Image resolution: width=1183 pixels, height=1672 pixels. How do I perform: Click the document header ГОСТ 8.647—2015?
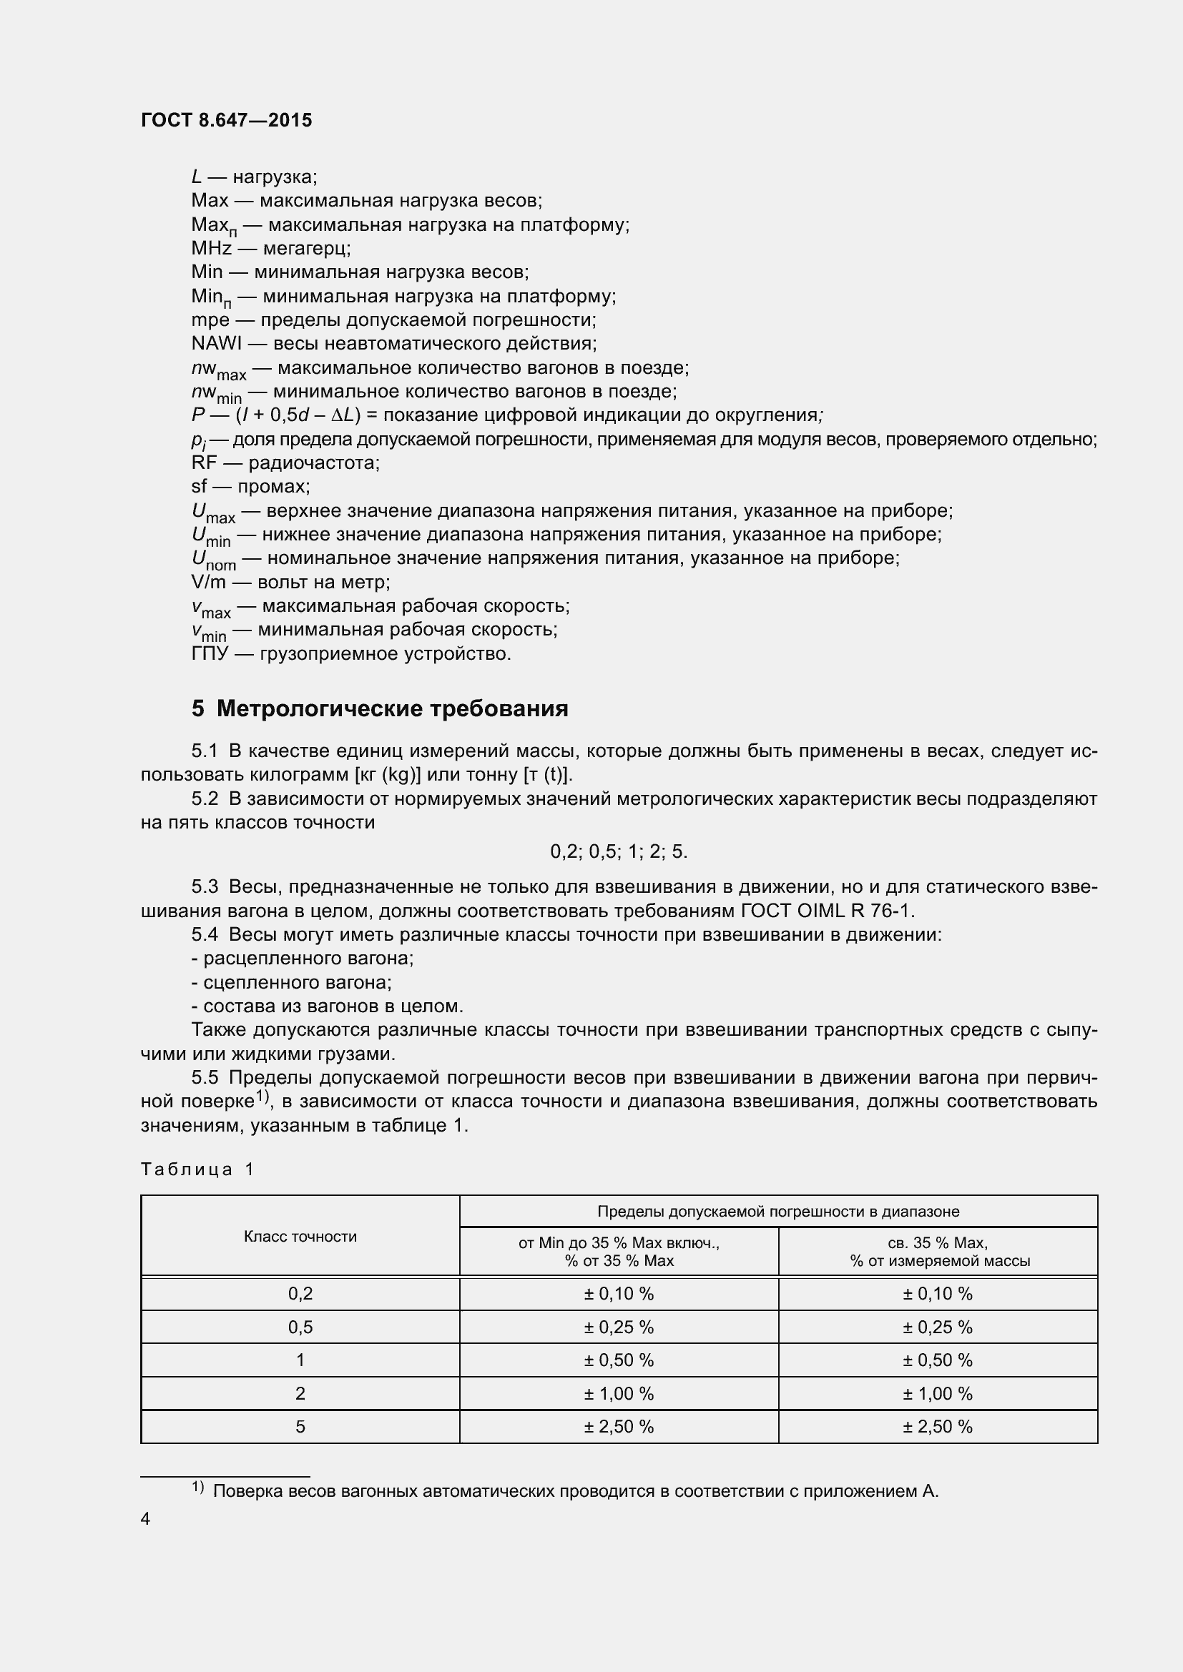pos(227,120)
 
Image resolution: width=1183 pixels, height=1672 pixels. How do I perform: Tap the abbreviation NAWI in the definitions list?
pos(216,343)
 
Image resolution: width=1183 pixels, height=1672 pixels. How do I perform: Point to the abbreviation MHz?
pos(211,248)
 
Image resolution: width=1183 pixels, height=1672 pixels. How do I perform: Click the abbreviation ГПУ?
pos(210,653)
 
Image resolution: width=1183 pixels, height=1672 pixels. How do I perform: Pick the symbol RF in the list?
pos(204,462)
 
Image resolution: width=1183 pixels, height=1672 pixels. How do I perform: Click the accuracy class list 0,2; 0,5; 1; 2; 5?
pos(619,851)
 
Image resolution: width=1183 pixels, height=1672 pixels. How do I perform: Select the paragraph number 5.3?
pos(205,887)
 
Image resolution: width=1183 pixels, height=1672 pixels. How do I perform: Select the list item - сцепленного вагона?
pos(291,982)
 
